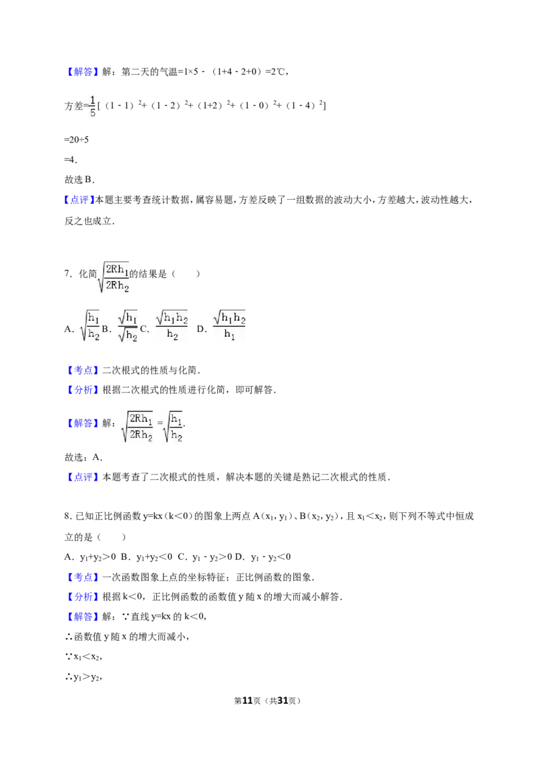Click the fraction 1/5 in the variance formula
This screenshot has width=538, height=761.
(93, 106)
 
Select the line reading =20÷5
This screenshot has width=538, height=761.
(76, 140)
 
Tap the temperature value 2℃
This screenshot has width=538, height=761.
(278, 72)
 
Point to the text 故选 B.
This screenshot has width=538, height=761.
(79, 179)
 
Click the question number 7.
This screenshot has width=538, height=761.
(68, 274)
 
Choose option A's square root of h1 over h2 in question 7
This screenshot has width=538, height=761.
(90, 325)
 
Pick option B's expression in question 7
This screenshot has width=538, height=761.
(128, 325)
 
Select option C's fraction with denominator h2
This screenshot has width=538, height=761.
(171, 325)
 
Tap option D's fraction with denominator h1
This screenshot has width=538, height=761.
(229, 325)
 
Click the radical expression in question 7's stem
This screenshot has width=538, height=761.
(114, 277)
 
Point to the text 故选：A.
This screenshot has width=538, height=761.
(83, 457)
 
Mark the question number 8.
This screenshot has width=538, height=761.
(68, 516)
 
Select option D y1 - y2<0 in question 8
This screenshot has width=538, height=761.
(263, 557)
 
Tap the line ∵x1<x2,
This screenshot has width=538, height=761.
(83, 657)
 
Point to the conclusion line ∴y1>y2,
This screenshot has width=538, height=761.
(83, 677)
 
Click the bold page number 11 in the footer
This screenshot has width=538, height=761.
(247, 700)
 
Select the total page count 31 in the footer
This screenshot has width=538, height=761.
(282, 700)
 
